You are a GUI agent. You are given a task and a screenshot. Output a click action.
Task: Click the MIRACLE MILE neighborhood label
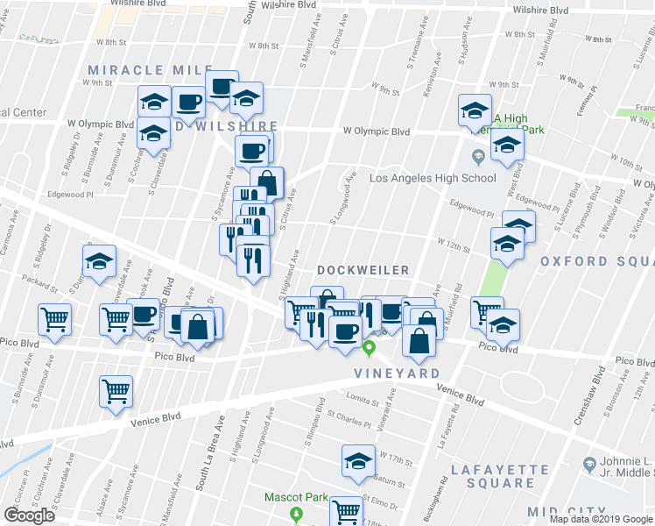pos(150,69)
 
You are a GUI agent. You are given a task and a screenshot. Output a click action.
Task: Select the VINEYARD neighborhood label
pos(397,373)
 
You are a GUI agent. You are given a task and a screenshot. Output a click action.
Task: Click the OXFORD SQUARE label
pos(596,261)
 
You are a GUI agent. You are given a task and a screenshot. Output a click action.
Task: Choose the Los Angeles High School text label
pos(433,178)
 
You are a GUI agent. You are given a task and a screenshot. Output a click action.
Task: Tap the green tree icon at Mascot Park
pos(297,513)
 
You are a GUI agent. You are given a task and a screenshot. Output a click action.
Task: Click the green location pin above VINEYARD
pos(370,349)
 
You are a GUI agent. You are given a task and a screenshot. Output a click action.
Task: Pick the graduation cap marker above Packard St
pos(99,260)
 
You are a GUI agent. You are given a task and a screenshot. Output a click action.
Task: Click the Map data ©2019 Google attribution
pos(601,519)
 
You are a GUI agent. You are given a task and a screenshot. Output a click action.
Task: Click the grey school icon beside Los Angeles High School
pos(477,159)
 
